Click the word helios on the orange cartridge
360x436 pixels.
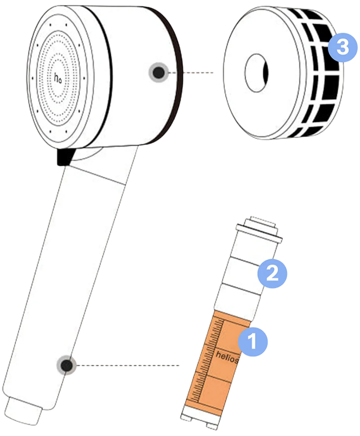(227, 355)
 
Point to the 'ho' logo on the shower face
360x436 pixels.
(58, 77)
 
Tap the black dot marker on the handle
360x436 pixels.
(66, 364)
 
